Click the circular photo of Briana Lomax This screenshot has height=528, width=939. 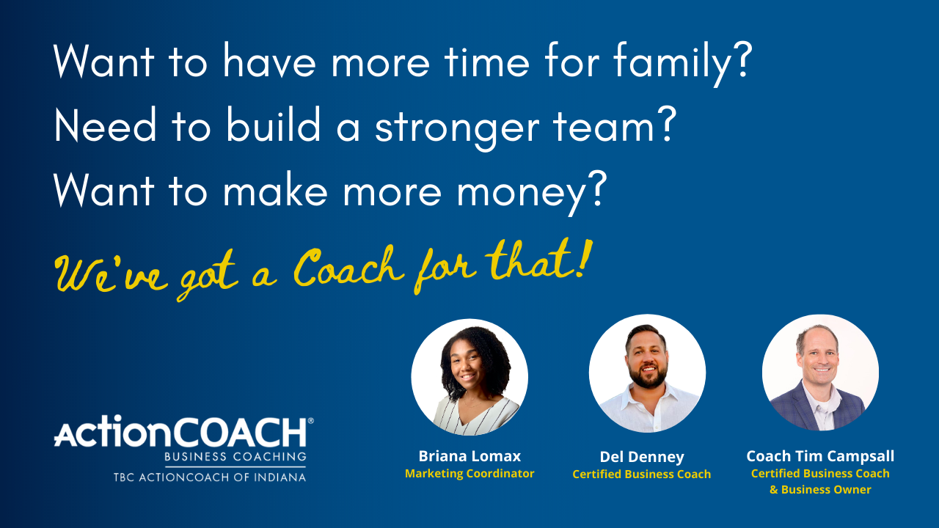tap(469, 377)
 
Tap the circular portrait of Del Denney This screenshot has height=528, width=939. tap(647, 373)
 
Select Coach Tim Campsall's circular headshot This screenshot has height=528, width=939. tap(820, 373)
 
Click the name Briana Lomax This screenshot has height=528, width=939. tap(469, 456)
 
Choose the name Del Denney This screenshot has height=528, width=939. tap(641, 457)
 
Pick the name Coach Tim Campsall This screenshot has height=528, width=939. tap(820, 456)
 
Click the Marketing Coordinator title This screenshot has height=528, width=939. tap(469, 474)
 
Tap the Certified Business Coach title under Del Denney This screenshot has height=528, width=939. tap(641, 474)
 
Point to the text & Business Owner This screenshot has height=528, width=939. tap(820, 490)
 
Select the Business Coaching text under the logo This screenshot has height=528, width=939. tap(235, 457)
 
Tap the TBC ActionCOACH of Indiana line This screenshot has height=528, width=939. tap(209, 477)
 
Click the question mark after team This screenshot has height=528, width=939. tap(663, 127)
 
